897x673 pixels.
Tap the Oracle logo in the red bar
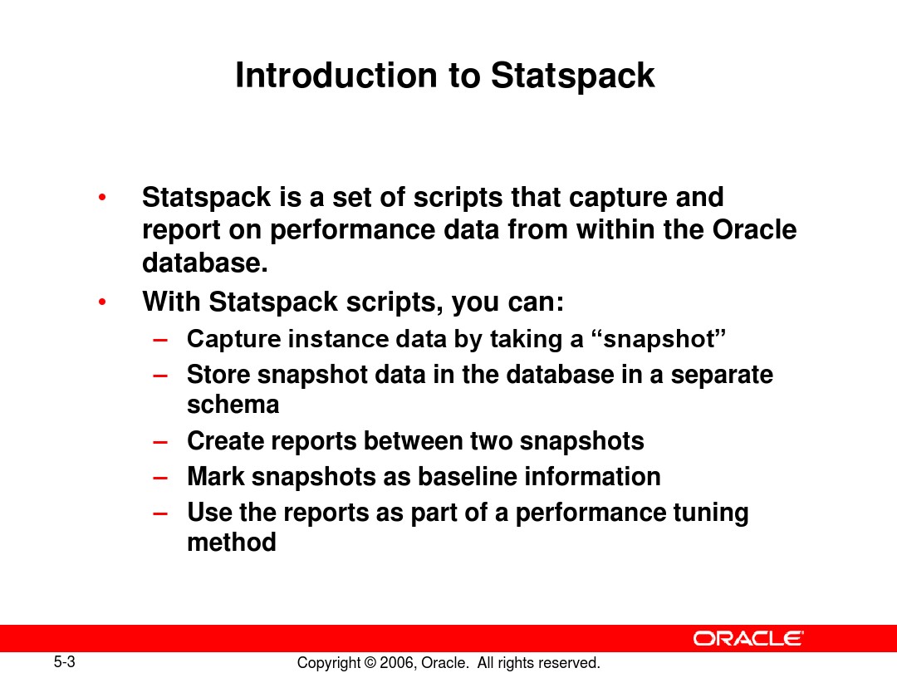748,638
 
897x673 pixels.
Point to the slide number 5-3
65,662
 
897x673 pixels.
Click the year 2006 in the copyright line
396,663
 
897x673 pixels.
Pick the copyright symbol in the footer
370,663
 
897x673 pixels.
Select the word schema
233,405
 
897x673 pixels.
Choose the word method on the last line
232,542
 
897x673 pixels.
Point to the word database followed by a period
205,263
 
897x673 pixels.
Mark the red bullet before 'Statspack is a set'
102,198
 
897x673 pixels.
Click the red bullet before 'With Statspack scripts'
102,302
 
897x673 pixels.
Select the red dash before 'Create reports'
160,442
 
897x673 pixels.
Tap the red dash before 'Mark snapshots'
160,478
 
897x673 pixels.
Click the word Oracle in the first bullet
754,229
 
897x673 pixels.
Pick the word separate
722,376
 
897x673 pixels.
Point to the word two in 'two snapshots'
491,441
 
